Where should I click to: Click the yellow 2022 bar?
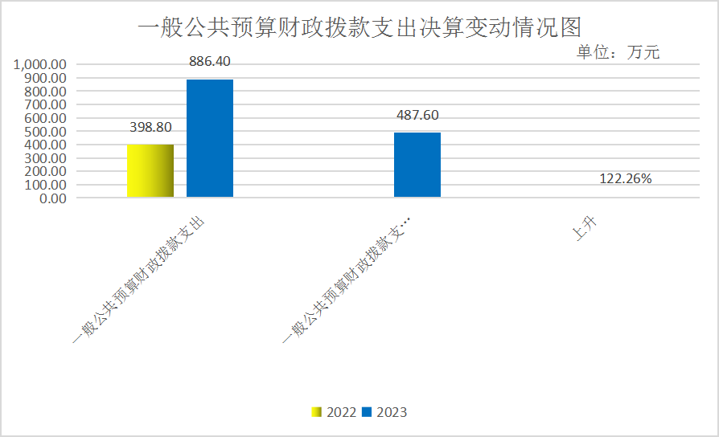pyautogui.click(x=150, y=170)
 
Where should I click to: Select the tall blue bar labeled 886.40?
pyautogui.click(x=210, y=138)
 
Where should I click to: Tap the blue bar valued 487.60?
pyautogui.click(x=417, y=165)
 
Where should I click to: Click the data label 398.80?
pyautogui.click(x=150, y=127)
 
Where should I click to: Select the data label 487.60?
pyautogui.click(x=417, y=115)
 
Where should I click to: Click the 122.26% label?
pyautogui.click(x=626, y=178)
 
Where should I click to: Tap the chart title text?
pyautogui.click(x=359, y=28)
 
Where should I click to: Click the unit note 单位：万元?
pyautogui.click(x=618, y=53)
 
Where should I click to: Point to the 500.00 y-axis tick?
pyautogui.click(x=45, y=132)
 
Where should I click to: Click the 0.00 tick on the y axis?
pyautogui.click(x=51, y=198)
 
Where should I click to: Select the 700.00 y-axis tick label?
pyautogui.click(x=45, y=105)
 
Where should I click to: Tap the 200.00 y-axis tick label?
pyautogui.click(x=45, y=172)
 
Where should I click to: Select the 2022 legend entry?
pyautogui.click(x=335, y=412)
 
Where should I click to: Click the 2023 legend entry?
pyautogui.click(x=385, y=412)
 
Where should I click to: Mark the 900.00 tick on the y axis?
pyautogui.click(x=45, y=79)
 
